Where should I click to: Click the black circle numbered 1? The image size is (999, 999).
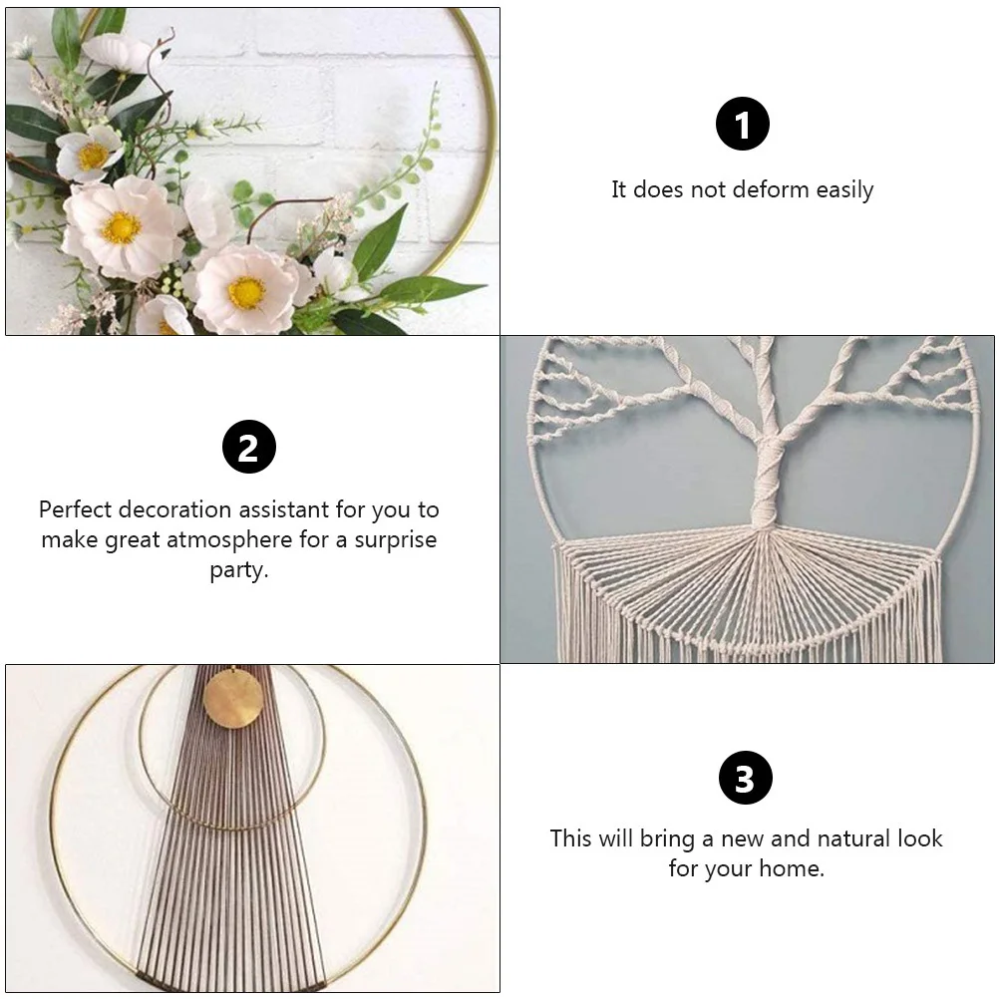click(743, 125)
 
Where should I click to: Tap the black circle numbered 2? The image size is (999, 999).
click(248, 447)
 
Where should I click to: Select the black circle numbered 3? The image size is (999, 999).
click(744, 778)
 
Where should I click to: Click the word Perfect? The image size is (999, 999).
click(76, 509)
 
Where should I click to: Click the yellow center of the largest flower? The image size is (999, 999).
click(121, 227)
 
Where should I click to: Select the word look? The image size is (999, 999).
click(918, 838)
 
